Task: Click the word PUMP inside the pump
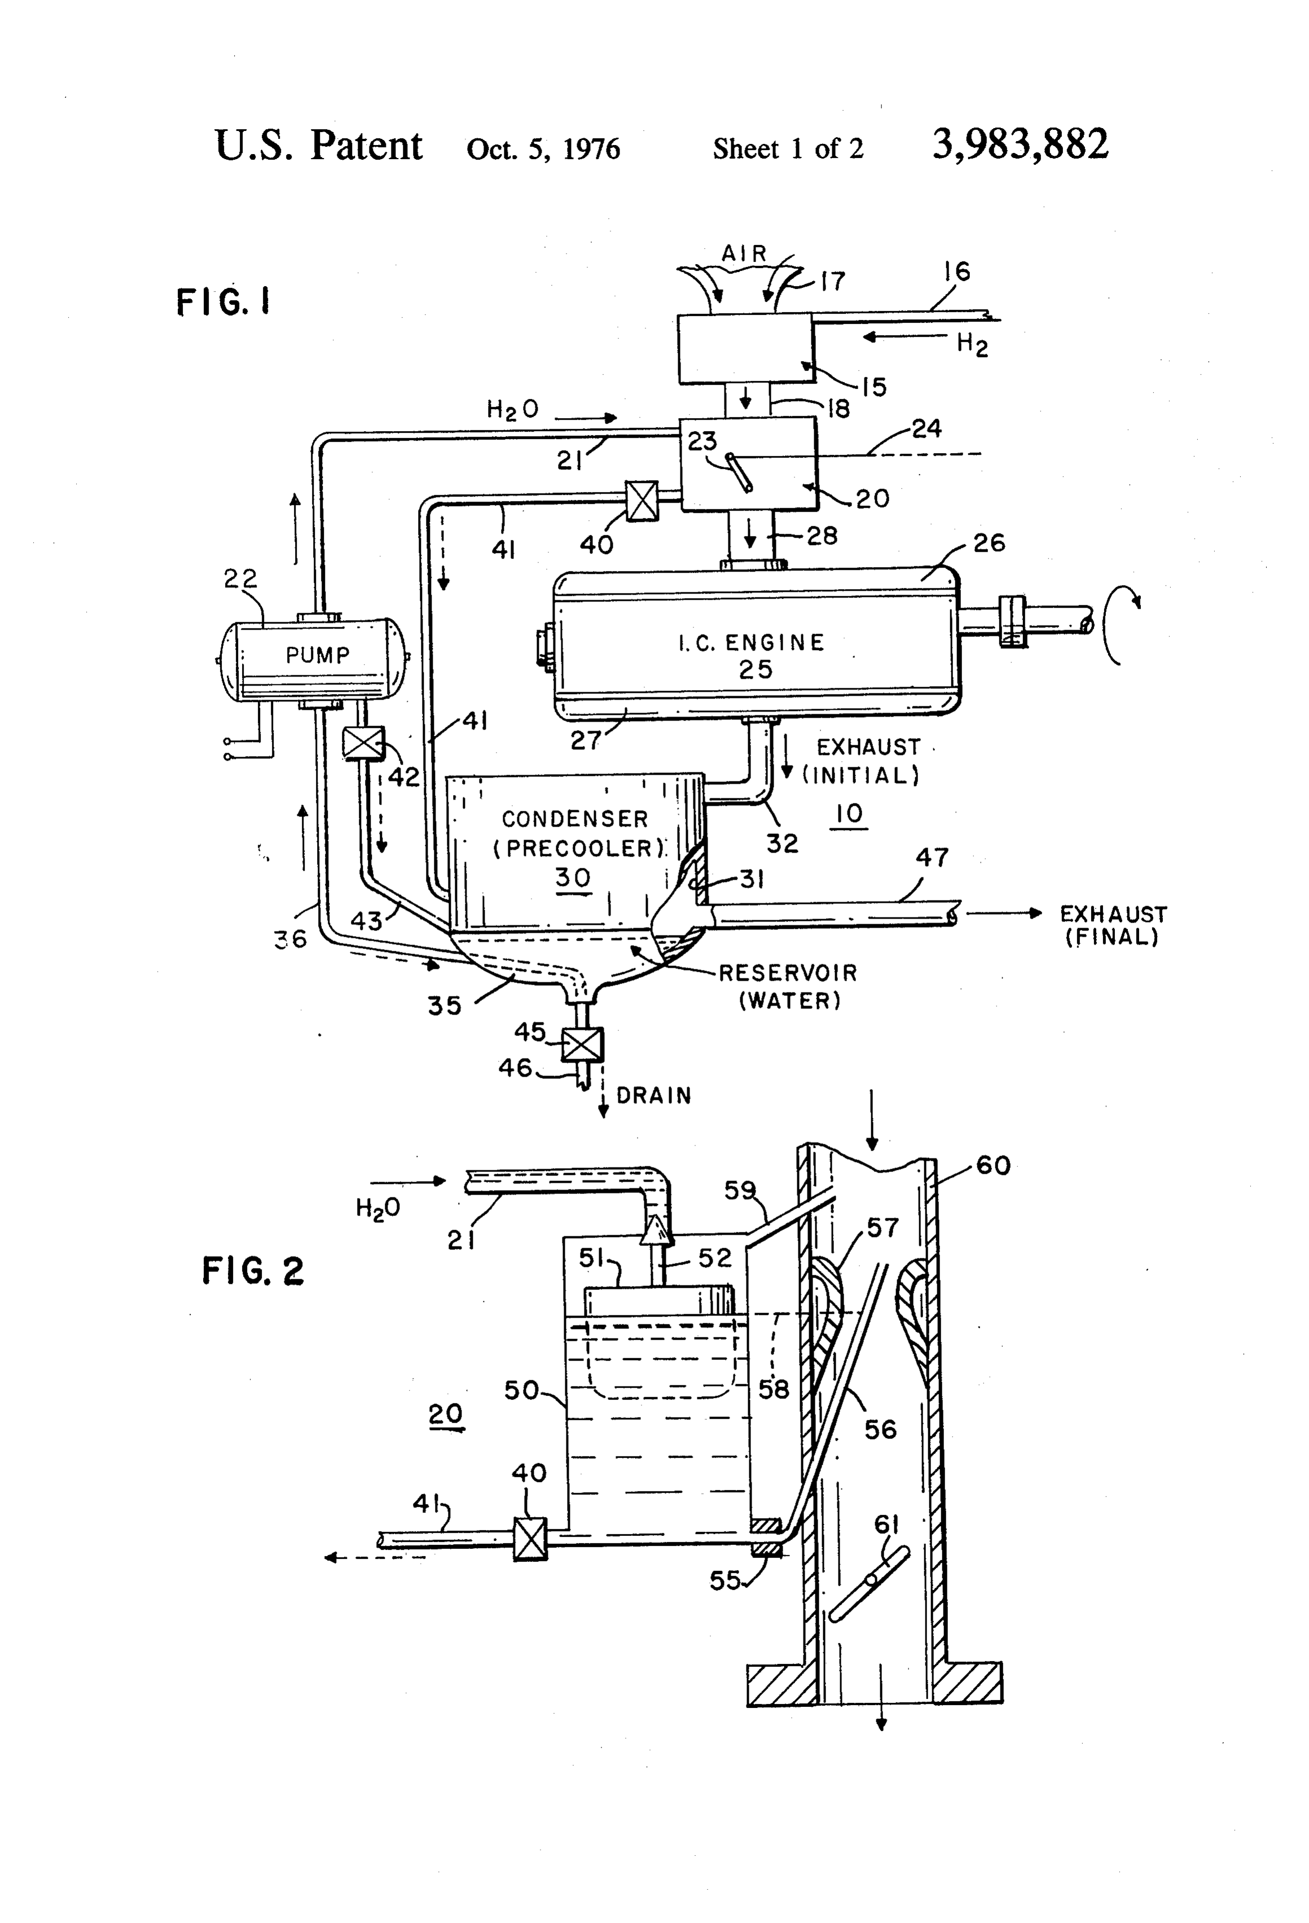318,655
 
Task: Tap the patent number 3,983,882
1020,145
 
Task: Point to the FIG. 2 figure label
253,1271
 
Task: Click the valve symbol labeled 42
364,742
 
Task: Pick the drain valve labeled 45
582,1044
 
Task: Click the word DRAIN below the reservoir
654,1096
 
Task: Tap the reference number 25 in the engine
755,669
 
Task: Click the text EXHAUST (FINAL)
1113,925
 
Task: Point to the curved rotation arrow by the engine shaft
1117,625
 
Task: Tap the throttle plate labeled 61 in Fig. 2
869,1584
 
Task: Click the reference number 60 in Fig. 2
993,1166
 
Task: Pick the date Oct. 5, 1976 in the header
543,149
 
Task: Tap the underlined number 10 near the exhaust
850,814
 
